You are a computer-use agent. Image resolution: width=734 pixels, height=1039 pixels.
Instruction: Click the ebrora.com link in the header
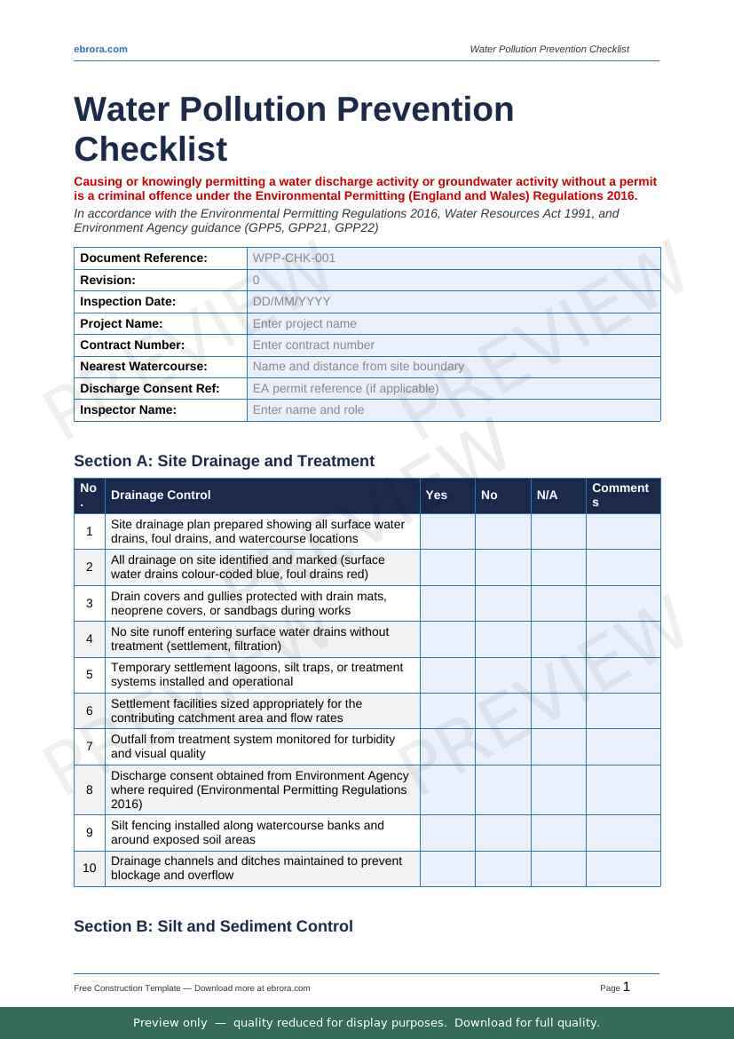tap(100, 49)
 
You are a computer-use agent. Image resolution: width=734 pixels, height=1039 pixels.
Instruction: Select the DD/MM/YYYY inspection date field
tap(291, 301)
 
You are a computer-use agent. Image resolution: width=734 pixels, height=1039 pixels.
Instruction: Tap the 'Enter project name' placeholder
tap(304, 323)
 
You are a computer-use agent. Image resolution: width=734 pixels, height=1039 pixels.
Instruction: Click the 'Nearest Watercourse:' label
tap(144, 366)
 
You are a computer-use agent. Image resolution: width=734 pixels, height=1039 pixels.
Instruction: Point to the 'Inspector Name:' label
tap(128, 409)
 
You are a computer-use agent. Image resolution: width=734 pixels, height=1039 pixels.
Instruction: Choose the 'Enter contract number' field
tap(313, 345)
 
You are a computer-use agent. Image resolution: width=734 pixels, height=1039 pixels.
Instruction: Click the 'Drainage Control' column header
tap(161, 495)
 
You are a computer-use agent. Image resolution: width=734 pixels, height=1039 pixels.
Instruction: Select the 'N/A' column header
tap(547, 495)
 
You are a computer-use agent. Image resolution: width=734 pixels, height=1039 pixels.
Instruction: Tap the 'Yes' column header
tap(436, 495)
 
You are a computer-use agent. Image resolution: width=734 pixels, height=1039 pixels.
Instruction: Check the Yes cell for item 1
tap(447, 531)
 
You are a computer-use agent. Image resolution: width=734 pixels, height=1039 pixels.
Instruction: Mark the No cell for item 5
tap(502, 675)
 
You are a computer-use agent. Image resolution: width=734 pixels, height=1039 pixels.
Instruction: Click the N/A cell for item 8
tap(558, 789)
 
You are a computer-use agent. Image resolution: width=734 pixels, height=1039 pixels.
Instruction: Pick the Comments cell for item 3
tap(623, 603)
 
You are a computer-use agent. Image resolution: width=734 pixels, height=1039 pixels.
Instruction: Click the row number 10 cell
tap(90, 868)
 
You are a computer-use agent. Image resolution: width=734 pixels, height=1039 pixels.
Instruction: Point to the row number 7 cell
tap(90, 746)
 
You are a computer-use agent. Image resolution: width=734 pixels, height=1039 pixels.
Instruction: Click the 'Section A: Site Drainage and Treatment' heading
tap(224, 461)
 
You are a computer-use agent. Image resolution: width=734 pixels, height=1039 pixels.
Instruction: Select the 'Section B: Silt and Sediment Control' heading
tap(213, 926)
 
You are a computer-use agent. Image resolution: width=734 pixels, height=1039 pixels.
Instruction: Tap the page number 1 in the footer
tap(627, 987)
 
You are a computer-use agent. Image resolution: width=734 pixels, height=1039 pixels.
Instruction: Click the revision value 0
tap(257, 280)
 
